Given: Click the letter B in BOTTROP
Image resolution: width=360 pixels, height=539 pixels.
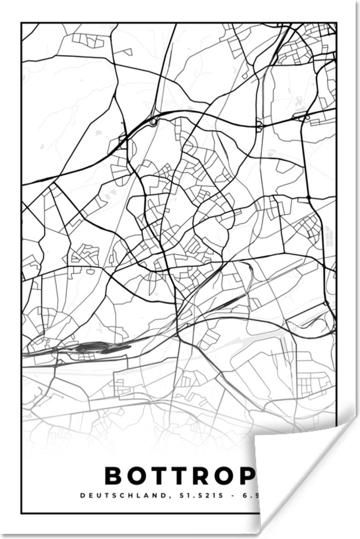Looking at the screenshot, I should [114, 476].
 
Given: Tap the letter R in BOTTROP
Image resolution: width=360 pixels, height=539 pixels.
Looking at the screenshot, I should [199, 476].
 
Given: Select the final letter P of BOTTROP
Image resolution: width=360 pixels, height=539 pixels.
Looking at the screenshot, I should [246, 476].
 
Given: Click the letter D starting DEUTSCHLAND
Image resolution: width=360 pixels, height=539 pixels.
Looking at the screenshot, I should [82, 496].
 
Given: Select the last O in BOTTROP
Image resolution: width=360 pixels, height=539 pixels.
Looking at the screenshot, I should [223, 476].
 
